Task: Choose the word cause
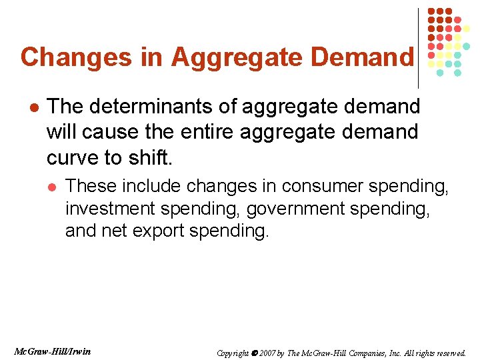click(x=110, y=132)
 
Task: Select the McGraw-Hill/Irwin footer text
click(x=52, y=351)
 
